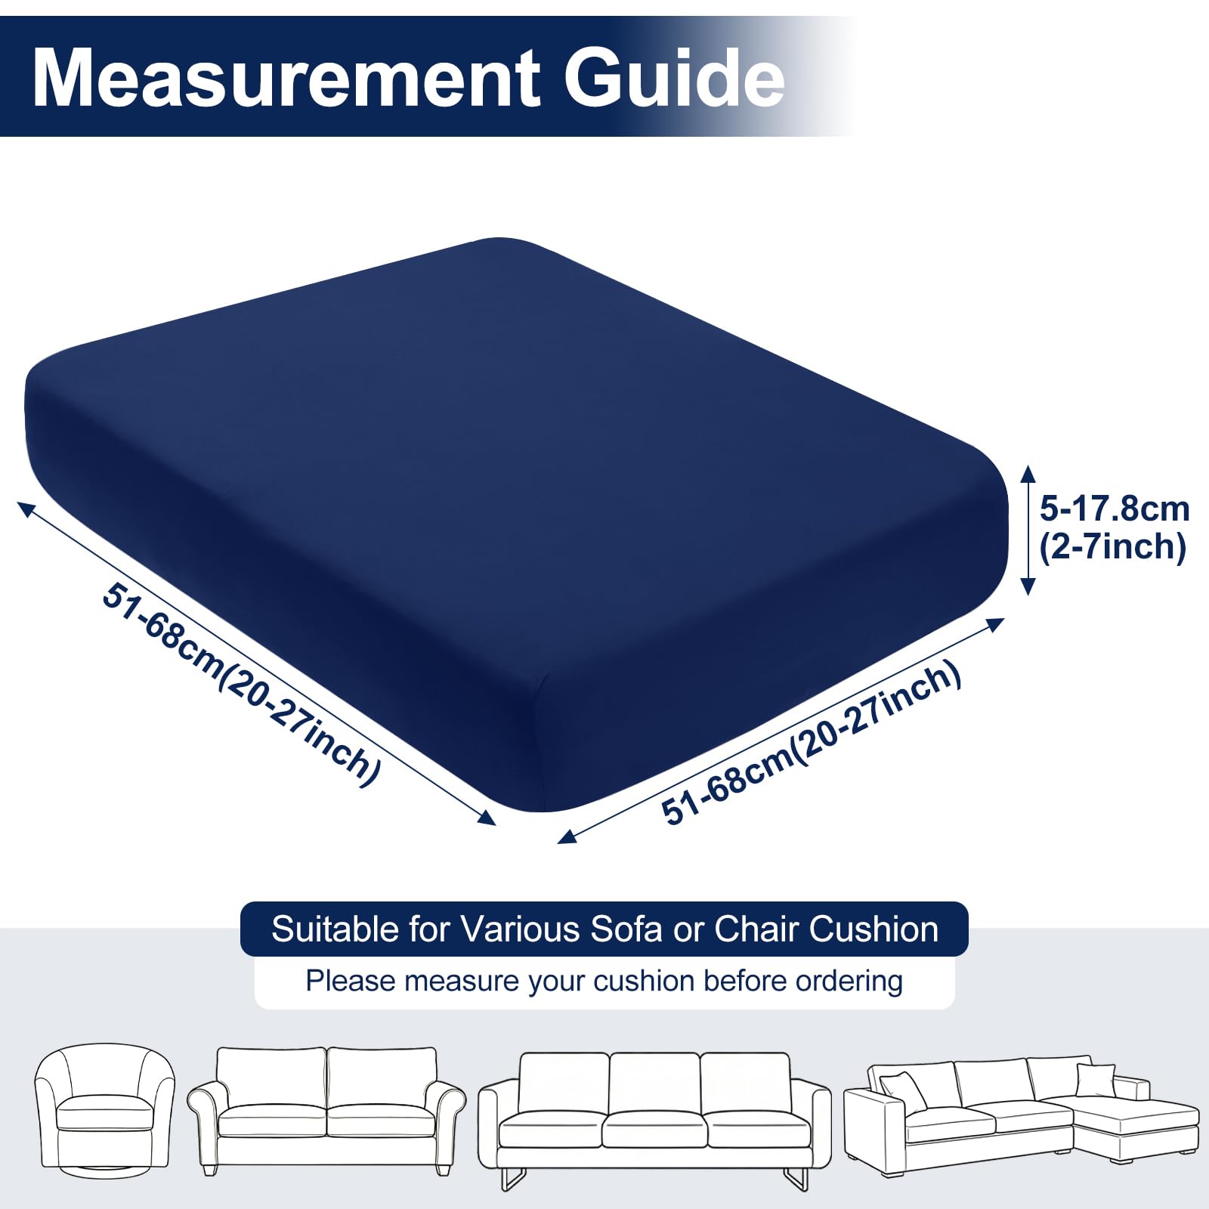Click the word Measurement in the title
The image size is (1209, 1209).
point(286,79)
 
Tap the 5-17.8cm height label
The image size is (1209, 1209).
point(1115,509)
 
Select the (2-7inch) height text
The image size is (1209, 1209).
point(1113,546)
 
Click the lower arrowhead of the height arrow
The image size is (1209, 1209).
point(1028,586)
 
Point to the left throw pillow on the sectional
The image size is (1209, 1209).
point(903,1091)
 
